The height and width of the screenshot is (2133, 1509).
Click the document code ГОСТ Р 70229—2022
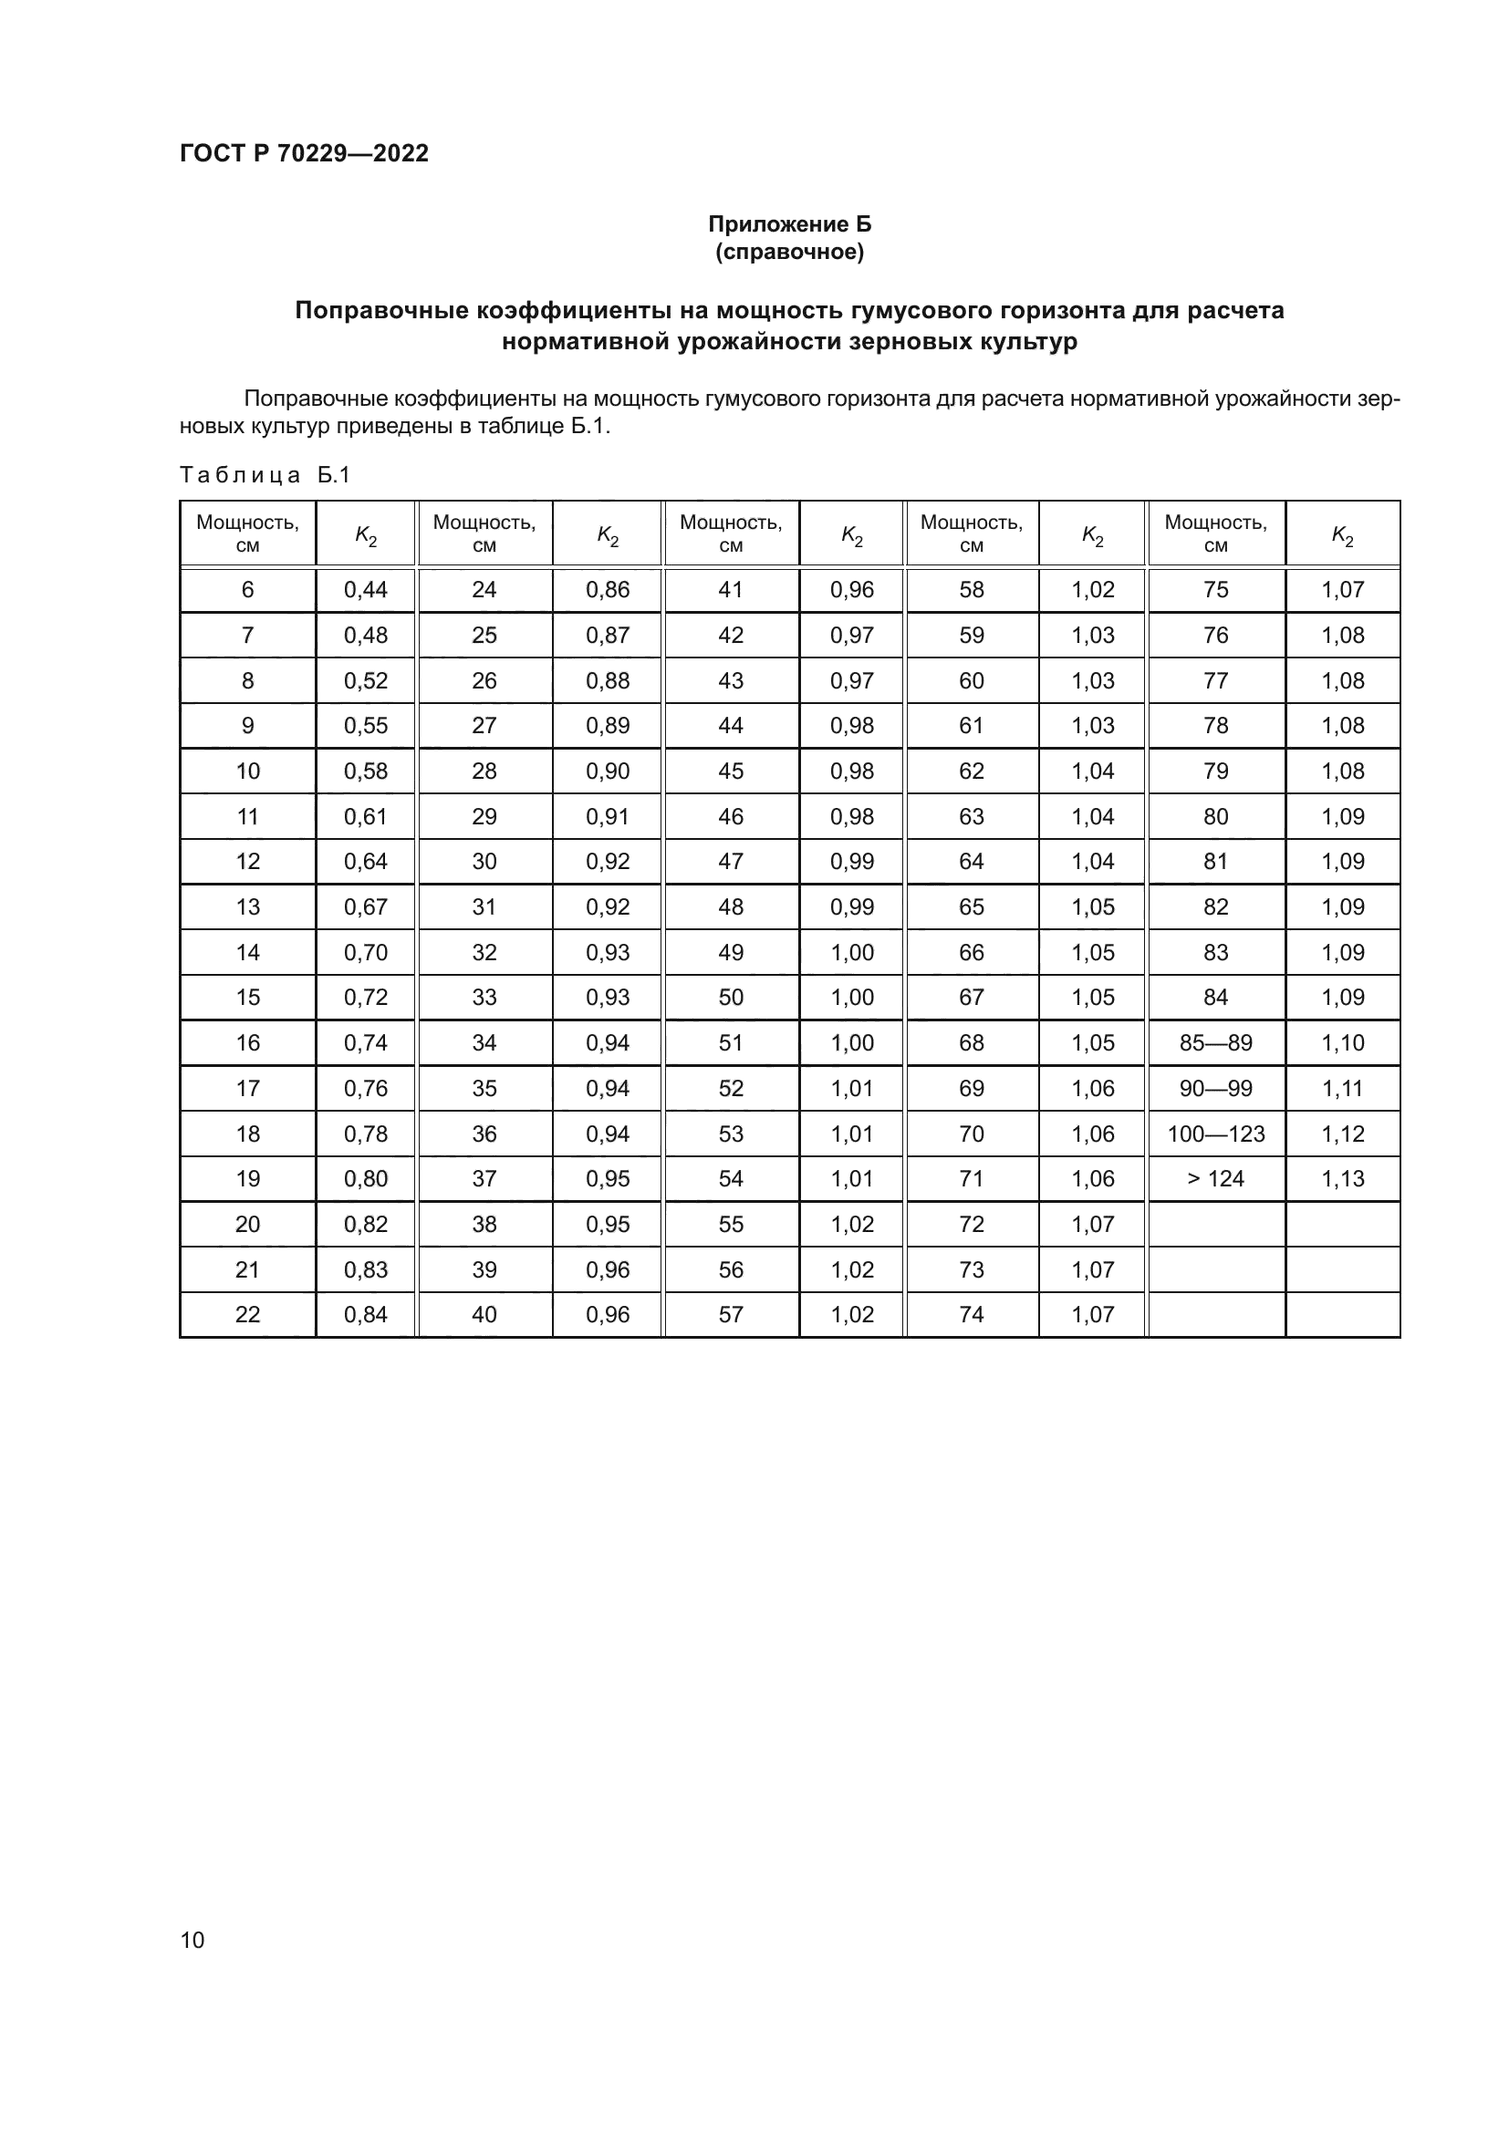point(304,153)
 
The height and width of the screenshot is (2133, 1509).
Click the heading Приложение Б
point(789,224)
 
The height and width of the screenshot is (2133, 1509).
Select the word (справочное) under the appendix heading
point(789,252)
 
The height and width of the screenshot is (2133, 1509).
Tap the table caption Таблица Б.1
point(265,476)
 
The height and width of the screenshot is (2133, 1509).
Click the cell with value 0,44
point(365,590)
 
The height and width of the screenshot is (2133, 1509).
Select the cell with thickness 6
point(247,590)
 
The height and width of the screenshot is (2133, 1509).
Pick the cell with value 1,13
point(1343,1179)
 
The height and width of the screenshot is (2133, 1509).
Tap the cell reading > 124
point(1215,1179)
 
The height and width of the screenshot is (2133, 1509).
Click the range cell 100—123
point(1215,1134)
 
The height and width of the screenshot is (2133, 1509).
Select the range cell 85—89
point(1215,1042)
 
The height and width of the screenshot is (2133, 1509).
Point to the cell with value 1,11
point(1343,1088)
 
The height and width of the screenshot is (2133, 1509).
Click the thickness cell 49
point(731,952)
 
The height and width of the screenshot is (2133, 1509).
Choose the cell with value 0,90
point(607,771)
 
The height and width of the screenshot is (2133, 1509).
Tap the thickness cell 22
point(247,1315)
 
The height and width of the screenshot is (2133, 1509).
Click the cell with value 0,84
point(365,1315)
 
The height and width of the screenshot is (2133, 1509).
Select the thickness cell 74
point(971,1315)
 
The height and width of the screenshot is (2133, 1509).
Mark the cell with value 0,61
point(365,816)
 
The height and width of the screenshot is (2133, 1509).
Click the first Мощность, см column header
point(247,533)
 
